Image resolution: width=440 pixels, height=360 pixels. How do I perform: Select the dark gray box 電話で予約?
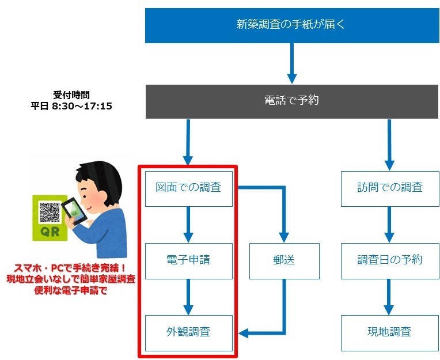pos(291,100)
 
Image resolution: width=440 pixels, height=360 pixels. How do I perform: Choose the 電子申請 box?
pos(188,260)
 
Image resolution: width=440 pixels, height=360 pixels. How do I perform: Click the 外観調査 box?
pos(188,332)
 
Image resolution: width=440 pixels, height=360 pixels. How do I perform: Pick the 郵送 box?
pos(285,260)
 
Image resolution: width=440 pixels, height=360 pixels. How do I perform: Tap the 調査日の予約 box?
pos(389,260)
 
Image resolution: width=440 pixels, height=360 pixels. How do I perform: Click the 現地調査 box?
pos(389,332)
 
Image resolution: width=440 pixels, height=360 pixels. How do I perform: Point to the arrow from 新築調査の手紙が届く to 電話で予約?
pos(291,64)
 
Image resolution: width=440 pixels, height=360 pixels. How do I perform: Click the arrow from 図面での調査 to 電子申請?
pos(188,225)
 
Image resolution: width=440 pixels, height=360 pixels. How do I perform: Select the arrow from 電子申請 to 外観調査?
pos(188,297)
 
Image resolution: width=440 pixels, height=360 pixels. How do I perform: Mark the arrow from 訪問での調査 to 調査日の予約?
pos(389,225)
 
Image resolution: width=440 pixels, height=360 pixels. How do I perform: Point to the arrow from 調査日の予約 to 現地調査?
pos(389,297)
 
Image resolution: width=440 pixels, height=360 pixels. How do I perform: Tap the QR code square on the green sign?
pos(48,211)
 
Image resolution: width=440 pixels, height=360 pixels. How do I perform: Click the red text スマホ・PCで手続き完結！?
pos(71,269)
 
